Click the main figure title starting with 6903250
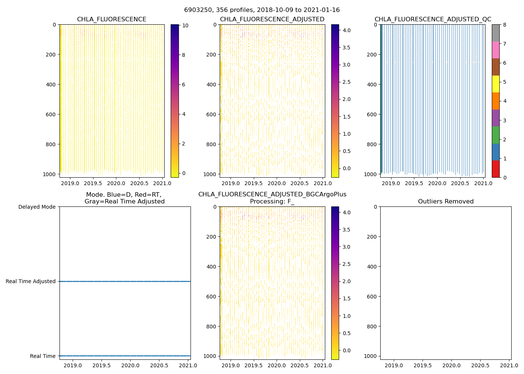pos(262,10)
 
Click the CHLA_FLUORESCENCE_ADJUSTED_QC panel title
pos(433,19)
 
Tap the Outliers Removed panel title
pos(446,202)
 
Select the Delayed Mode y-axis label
pos(37,207)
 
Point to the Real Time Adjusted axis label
pos(31,281)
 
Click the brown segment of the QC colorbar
pos(496,67)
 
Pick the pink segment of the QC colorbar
pos(496,50)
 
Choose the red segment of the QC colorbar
pos(496,169)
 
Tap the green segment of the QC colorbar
pos(496,135)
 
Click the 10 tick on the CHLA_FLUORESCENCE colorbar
pos(185,25)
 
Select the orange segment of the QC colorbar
pos(496,101)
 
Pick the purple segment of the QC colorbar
pos(496,118)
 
